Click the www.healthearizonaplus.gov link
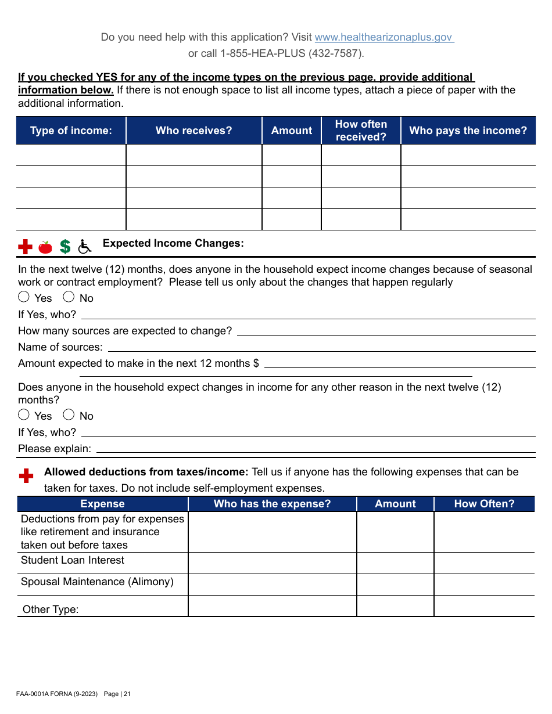pos(383,37)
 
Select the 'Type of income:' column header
pos(71,131)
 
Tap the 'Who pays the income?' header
pos(468,131)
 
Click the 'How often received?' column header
pos(361,131)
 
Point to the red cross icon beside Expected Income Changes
pos(25,247)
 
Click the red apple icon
pos(45,247)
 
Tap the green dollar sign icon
pos(65,247)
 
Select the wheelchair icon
pos(85,247)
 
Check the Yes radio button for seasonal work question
pos(24,297)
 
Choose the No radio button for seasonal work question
pos(69,297)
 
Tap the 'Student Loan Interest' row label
pos(73,560)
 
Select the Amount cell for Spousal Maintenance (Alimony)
pos(395,585)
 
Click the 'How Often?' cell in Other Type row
pos(484,606)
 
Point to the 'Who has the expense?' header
pos(272,504)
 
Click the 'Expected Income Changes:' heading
pos(173,243)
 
